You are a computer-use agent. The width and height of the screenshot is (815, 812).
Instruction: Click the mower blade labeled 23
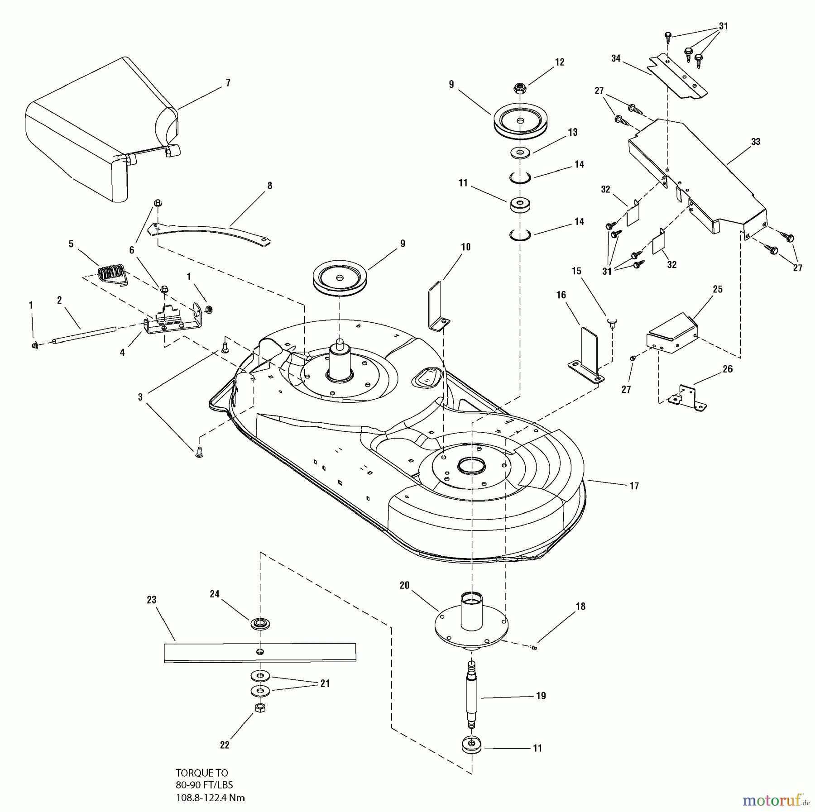pos(260,653)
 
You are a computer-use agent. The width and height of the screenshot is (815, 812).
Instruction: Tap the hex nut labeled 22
pos(260,708)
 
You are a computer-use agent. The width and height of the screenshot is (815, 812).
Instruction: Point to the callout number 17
pos(634,486)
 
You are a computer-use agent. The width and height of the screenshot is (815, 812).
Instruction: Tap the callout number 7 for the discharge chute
pos(228,83)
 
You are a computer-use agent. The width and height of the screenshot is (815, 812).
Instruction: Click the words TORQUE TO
pos(201,773)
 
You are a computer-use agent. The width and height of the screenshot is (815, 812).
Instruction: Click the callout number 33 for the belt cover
pos(755,142)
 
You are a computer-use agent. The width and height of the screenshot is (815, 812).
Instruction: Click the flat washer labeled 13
pos(521,153)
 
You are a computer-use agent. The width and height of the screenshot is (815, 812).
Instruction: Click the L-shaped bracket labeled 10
pos(437,306)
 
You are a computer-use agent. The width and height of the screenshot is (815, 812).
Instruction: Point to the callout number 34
pos(615,58)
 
